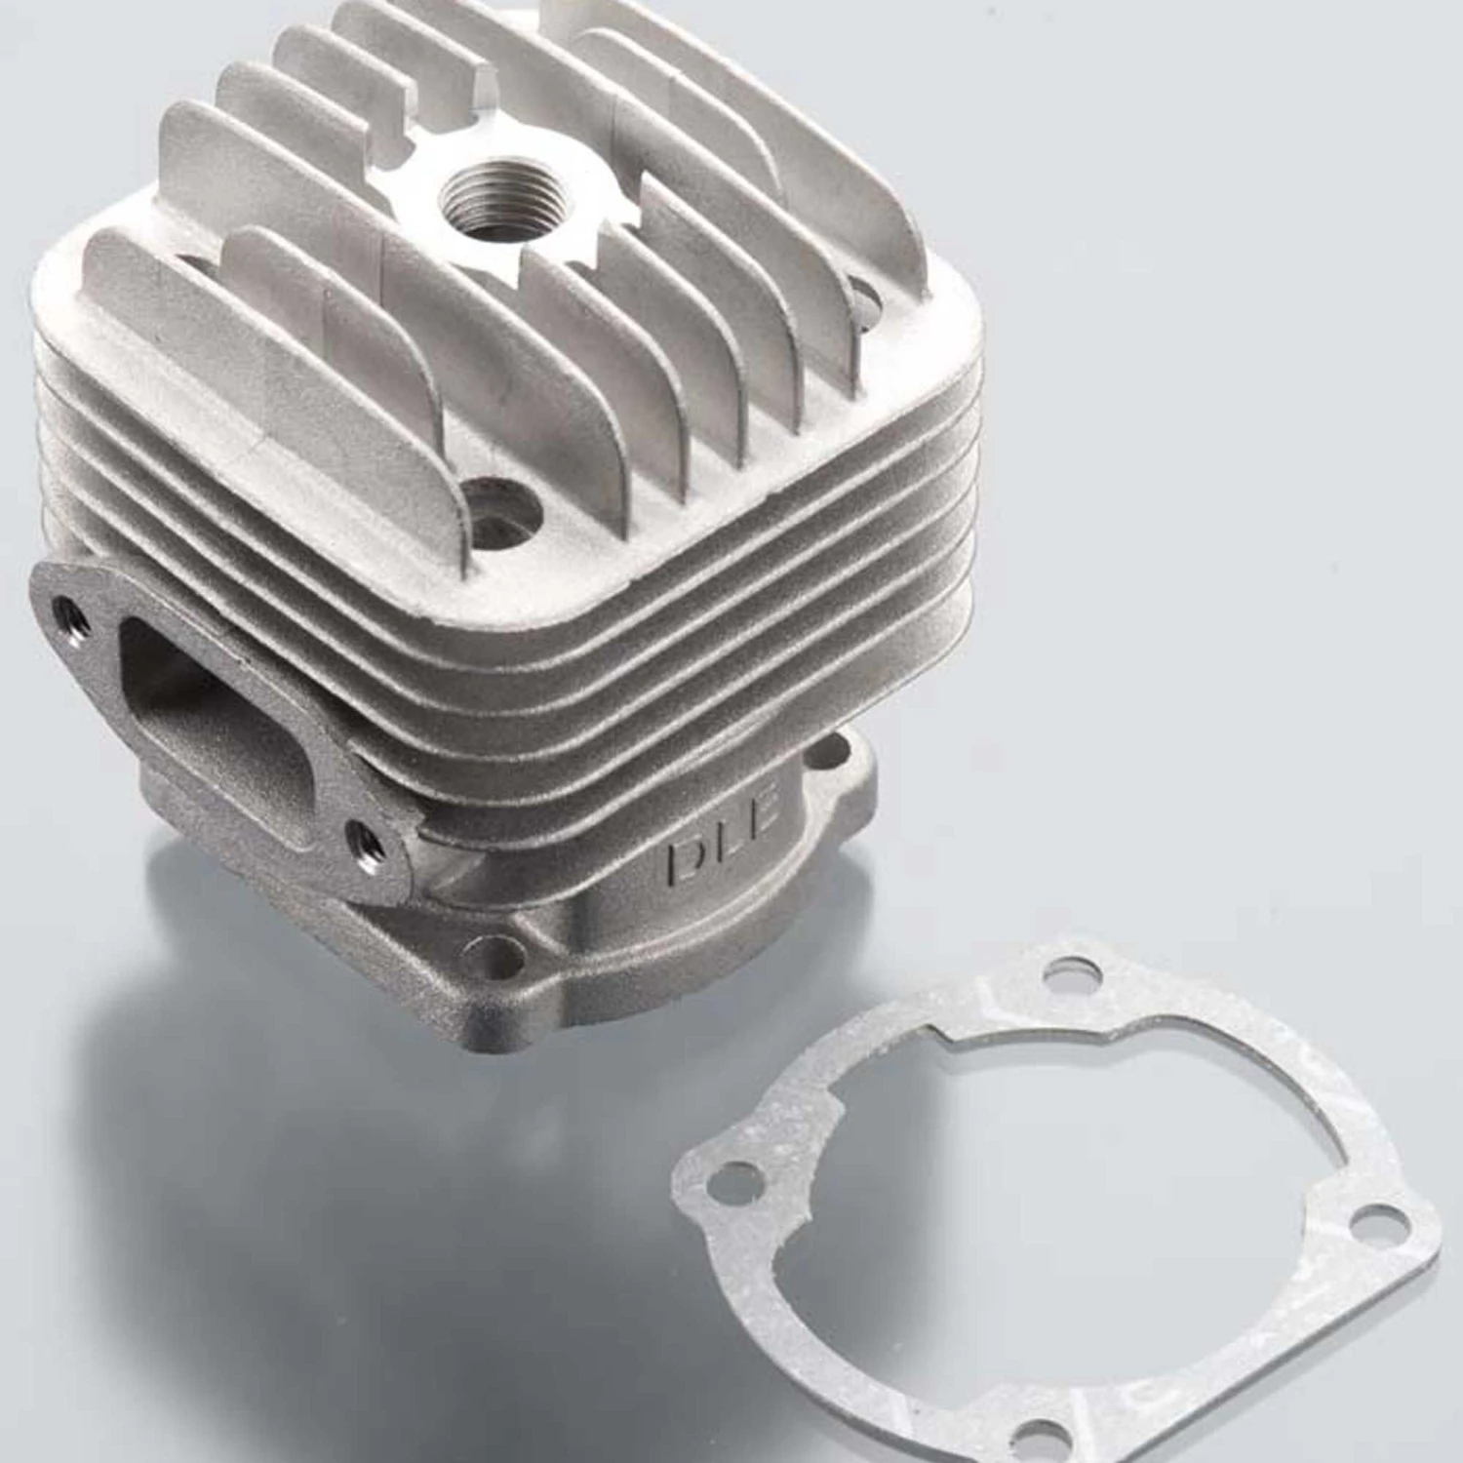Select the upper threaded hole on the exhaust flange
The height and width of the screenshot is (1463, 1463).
(70, 613)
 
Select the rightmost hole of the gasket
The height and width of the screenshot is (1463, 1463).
(1372, 1220)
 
